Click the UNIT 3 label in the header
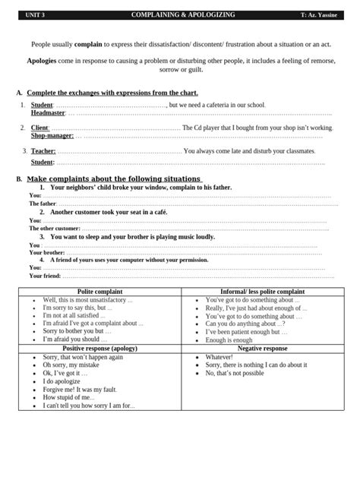point(35,15)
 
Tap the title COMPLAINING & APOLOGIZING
point(183,15)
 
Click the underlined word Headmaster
point(48,112)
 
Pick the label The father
point(43,204)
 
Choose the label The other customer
point(54,228)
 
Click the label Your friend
point(46,276)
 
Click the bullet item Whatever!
point(219,357)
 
